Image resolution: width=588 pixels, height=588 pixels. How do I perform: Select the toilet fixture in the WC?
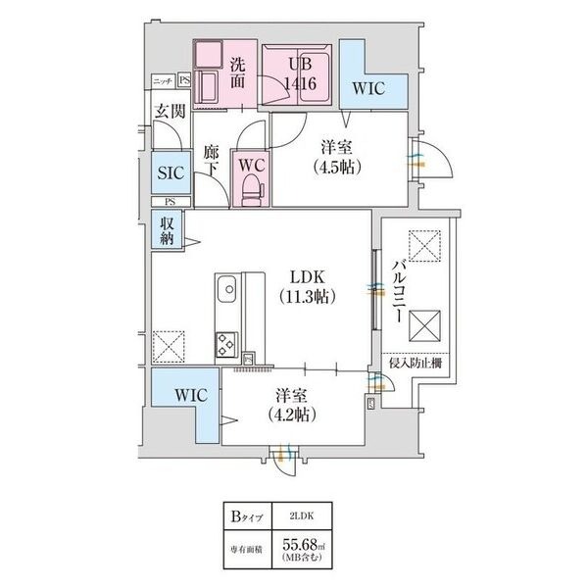251,183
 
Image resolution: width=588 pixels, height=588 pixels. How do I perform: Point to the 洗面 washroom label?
239,74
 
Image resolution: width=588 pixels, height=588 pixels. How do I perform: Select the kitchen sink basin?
225,291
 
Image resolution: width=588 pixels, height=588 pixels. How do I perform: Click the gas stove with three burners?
225,344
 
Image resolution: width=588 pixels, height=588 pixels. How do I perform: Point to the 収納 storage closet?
168,231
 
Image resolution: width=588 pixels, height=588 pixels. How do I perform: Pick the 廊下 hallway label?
211,161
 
